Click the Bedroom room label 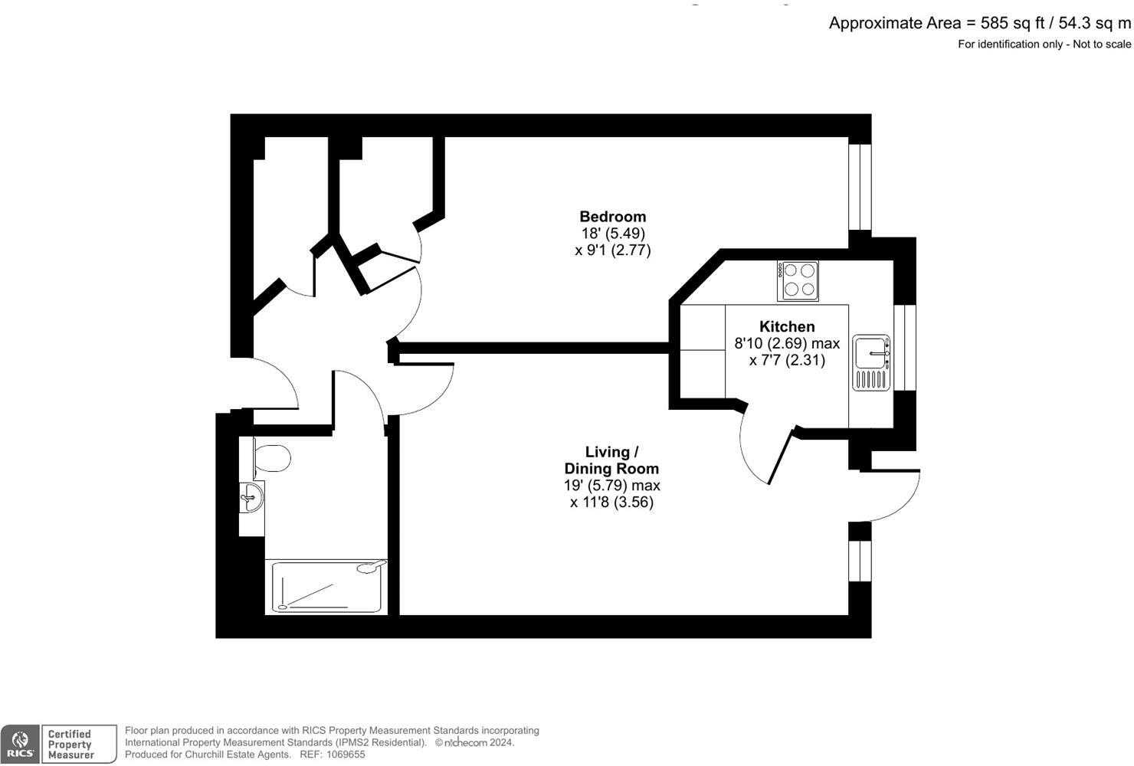pyautogui.click(x=612, y=217)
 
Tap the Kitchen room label pyautogui.click(x=787, y=326)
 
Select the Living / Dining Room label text pyautogui.click(x=611, y=460)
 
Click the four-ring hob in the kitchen pyautogui.click(x=798, y=280)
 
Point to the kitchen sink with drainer pyautogui.click(x=871, y=362)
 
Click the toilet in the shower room pyautogui.click(x=271, y=458)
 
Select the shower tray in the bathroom pyautogui.click(x=326, y=587)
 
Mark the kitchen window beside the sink pyautogui.click(x=905, y=347)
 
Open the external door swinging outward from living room pyautogui.click(x=896, y=498)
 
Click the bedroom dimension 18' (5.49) pyautogui.click(x=612, y=234)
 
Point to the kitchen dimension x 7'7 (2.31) pyautogui.click(x=787, y=360)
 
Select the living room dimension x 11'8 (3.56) pyautogui.click(x=611, y=502)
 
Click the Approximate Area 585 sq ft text pyautogui.click(x=979, y=23)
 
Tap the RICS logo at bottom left pyautogui.click(x=20, y=744)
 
